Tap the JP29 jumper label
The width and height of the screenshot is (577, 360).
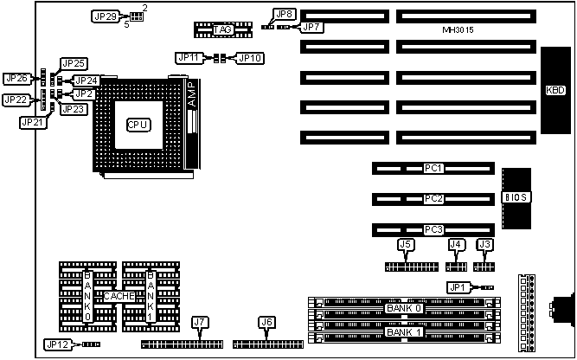[106, 16]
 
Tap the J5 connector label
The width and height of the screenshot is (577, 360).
[405, 245]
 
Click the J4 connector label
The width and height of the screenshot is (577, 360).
[456, 245]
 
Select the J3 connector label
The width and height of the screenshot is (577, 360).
[485, 245]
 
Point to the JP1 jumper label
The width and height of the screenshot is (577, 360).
[458, 286]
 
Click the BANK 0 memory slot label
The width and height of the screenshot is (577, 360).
[404, 308]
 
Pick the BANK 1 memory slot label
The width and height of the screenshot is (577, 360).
[404, 332]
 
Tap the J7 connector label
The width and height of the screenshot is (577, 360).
[201, 323]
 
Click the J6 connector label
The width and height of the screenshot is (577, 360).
[266, 323]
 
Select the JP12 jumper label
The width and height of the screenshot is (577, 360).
[58, 344]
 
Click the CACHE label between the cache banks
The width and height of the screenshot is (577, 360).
[119, 296]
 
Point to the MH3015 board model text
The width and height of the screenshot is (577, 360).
[456, 32]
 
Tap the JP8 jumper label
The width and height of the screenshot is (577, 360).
[283, 14]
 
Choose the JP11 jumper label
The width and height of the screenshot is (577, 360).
[189, 57]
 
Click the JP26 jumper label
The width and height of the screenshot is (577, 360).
[16, 78]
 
